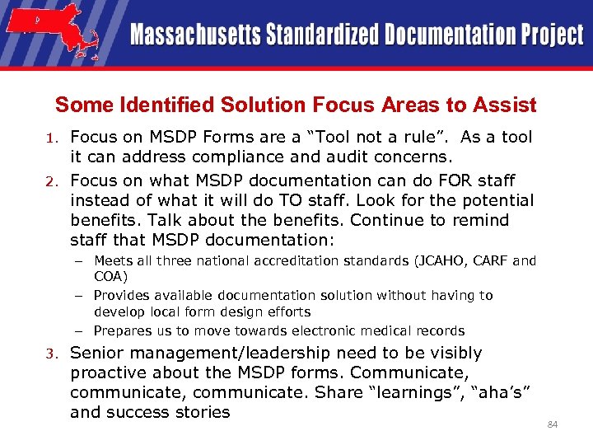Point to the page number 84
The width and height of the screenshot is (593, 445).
(553, 424)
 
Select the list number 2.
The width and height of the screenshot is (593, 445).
(51, 181)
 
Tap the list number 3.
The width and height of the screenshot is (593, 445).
(51, 354)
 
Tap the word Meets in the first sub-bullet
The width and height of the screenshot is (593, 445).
(112, 261)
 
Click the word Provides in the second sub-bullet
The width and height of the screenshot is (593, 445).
(122, 295)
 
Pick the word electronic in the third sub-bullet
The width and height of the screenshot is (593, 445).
(323, 330)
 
